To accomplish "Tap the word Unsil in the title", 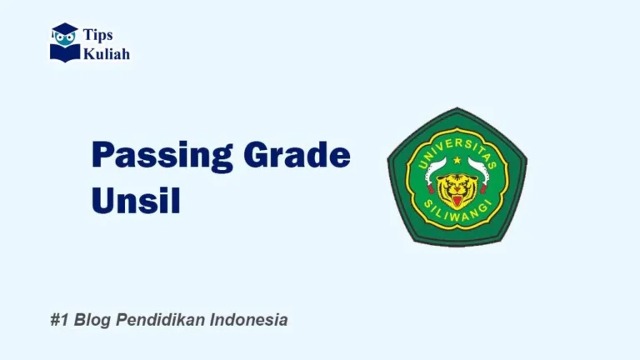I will pyautogui.click(x=134, y=201).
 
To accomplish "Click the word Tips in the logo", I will pyautogui.click(x=97, y=34).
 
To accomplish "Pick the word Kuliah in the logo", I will pyautogui.click(x=106, y=53).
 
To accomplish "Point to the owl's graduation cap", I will pyautogui.click(x=64, y=29).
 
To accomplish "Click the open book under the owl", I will pyautogui.click(x=64, y=53).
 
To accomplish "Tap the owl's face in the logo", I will pyautogui.click(x=64, y=39).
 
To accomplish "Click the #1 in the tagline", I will pyautogui.click(x=57, y=320).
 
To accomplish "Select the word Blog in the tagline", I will pyautogui.click(x=92, y=320).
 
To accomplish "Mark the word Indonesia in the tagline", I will pyautogui.click(x=249, y=320).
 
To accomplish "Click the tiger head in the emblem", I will pyautogui.click(x=456, y=188).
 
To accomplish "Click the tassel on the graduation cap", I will pyautogui.click(x=55, y=35).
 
